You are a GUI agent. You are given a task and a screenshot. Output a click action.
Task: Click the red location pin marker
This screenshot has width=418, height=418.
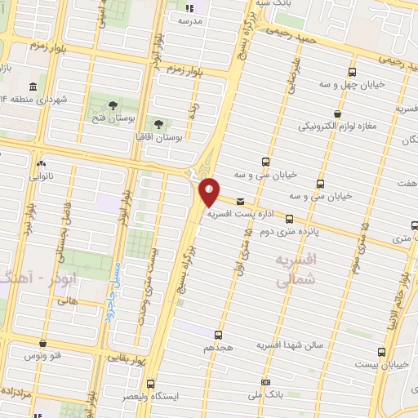click(210, 191)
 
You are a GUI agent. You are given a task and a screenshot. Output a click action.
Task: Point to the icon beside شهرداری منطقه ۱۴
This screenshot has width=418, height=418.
click(33, 87)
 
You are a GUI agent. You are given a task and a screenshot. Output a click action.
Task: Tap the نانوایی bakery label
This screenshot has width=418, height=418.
click(41, 175)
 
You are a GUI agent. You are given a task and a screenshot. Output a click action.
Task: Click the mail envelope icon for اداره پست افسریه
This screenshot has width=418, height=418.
click(240, 201)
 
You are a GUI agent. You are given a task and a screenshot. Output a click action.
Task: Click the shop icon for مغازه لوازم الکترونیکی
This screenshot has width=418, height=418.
click(338, 114)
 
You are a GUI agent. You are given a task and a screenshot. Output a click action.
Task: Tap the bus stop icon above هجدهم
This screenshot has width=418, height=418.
click(218, 335)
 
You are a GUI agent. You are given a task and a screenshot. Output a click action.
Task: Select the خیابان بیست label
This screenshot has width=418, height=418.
click(383, 365)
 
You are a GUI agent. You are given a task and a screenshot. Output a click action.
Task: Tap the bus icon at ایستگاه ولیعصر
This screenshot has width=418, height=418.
click(150, 382)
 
